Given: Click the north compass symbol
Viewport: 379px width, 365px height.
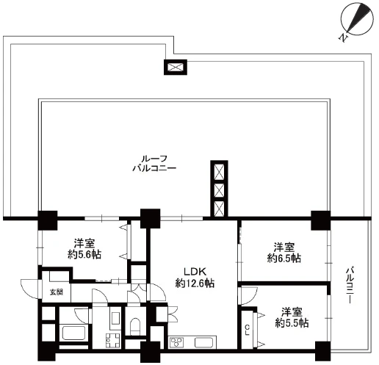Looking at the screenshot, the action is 357,21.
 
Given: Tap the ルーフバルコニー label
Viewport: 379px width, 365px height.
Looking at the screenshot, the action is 154,163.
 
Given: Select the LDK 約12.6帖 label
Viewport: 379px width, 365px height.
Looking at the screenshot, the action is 195,278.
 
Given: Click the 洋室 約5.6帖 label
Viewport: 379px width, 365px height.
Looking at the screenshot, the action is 84,249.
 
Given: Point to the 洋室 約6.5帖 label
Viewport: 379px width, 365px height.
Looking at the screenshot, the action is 284,253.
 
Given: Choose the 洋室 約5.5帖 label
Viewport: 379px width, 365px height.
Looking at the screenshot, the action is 292,317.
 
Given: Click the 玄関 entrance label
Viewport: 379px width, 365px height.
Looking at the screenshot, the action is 57,292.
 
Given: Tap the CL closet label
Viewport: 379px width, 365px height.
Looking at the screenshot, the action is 248,330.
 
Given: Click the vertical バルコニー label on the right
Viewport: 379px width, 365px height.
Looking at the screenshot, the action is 350,286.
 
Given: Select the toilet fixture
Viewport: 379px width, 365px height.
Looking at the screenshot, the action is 134,326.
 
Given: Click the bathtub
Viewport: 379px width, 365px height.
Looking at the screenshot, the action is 73,333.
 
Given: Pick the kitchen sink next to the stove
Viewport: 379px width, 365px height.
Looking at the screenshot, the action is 204,342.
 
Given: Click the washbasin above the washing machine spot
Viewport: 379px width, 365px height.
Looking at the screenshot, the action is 115,318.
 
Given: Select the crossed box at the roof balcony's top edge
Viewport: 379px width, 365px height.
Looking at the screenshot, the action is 176,67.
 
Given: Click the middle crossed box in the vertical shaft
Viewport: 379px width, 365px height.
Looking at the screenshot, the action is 219,189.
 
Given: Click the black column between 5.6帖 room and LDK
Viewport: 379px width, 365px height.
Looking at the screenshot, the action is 150,219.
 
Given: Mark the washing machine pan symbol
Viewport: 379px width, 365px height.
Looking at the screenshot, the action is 113,340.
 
